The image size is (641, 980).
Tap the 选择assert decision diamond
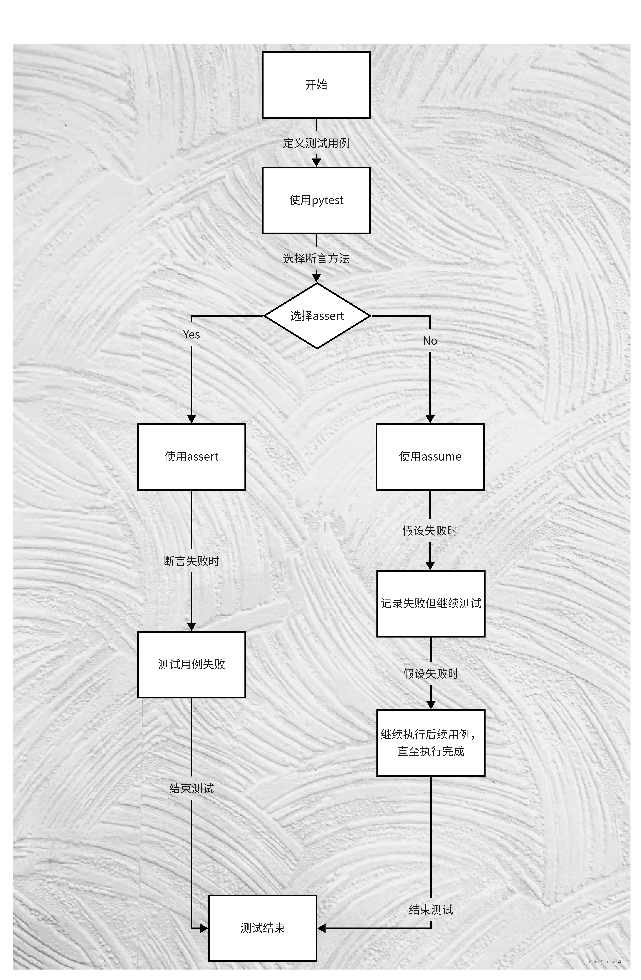(317, 316)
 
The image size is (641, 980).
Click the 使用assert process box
(191, 457)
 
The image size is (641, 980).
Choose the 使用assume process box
(430, 457)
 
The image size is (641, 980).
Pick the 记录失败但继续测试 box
(431, 604)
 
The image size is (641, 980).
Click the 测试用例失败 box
(191, 665)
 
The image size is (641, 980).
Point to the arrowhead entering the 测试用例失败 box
(191, 626)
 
